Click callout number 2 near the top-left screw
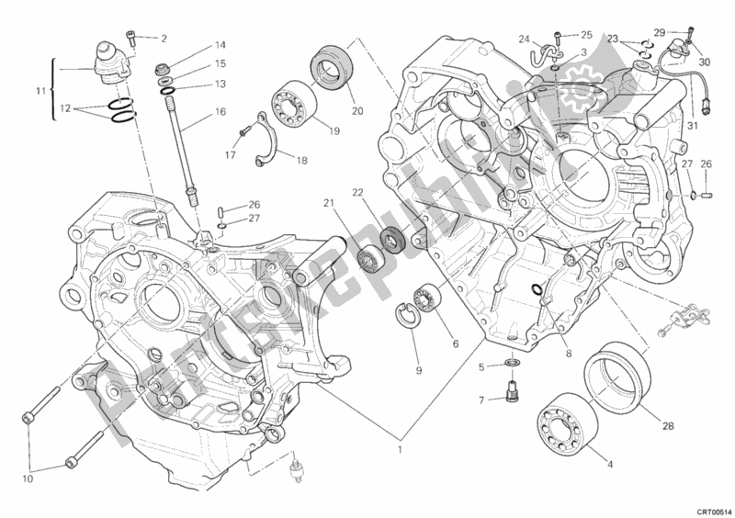point(164,39)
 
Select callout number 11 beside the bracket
point(40,92)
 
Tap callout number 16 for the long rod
point(221,111)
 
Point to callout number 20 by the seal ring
point(357,112)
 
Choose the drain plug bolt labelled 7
point(508,396)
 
